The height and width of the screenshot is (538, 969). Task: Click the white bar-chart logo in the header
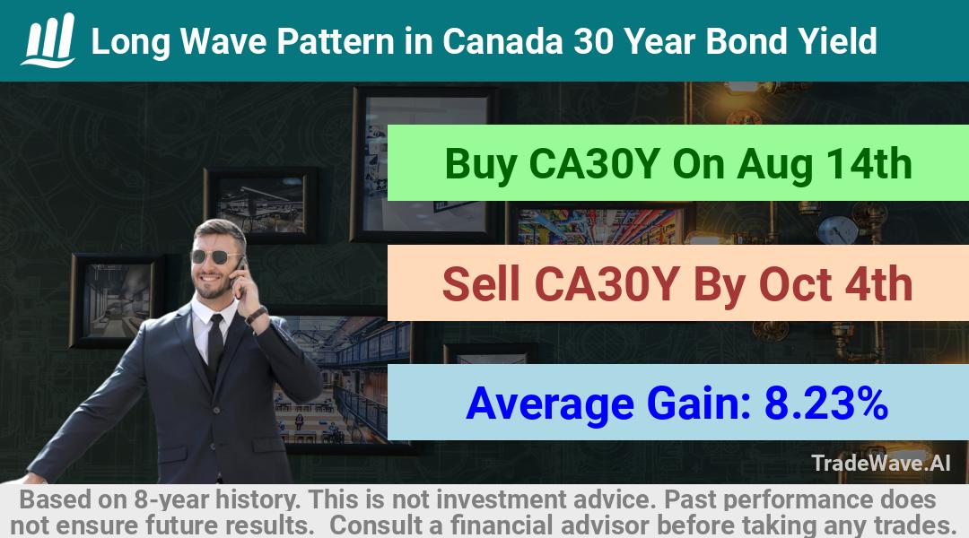tap(48, 40)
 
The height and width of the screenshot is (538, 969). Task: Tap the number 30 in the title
tap(595, 41)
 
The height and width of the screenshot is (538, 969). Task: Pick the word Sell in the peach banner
tap(481, 284)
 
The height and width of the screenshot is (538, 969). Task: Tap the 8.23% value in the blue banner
tap(826, 403)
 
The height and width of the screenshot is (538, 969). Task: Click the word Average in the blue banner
tap(550, 404)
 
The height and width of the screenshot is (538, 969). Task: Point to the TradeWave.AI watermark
tap(881, 463)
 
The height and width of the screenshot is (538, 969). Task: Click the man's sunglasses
tap(215, 256)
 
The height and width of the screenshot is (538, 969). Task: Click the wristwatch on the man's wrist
tap(255, 316)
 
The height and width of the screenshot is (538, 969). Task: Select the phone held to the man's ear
tap(240, 272)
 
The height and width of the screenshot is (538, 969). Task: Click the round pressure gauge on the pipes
tap(837, 230)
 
